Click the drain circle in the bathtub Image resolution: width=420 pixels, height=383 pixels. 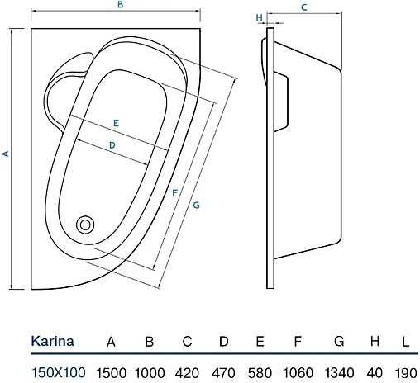85,225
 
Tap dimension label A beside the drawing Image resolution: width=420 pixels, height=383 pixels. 6,154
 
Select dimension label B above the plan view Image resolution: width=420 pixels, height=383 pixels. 121,5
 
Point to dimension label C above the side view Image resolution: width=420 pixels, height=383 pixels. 304,7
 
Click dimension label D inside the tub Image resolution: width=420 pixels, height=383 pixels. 112,145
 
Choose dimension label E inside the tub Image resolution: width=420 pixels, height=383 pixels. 116,123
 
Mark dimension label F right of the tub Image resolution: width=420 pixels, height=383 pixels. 174,193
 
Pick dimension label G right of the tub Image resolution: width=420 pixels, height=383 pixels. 196,205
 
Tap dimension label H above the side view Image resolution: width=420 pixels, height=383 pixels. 259,18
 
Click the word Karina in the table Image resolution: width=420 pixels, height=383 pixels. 52,341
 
